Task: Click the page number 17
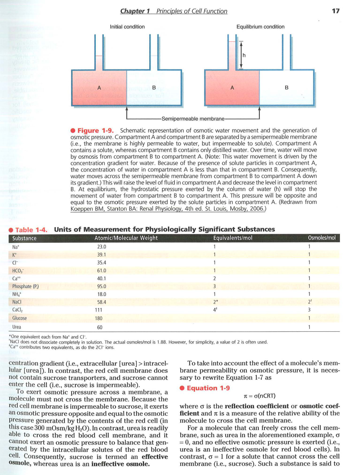[335, 11]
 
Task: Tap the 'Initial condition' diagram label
[127, 27]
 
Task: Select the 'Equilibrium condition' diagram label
[260, 27]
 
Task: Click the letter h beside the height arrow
[244, 55]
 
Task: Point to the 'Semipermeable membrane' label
[193, 119]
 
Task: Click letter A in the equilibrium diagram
[232, 88]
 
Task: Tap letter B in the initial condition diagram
[154, 88]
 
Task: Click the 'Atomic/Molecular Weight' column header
[126, 238]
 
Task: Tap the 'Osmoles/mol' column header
[322, 238]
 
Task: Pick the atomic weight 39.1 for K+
[102, 255]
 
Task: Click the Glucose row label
[19, 318]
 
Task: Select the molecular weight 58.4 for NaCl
[102, 302]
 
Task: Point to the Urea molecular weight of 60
[100, 327]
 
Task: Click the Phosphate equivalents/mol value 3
[215, 286]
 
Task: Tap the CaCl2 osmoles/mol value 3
[309, 310]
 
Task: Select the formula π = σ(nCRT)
[260, 396]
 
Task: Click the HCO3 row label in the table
[18, 271]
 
